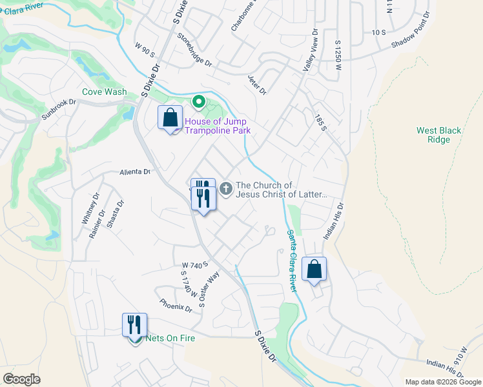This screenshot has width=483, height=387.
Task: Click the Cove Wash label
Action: click(104, 92)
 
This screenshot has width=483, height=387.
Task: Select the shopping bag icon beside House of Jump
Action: click(170, 118)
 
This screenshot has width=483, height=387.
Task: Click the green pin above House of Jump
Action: click(199, 102)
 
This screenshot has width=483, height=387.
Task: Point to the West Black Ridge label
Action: click(438, 135)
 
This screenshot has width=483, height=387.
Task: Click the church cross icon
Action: click(225, 189)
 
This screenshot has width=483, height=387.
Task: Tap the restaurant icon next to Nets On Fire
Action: click(135, 324)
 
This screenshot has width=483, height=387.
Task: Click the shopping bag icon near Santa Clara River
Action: click(314, 270)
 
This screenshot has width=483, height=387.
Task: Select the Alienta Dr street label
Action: click(134, 172)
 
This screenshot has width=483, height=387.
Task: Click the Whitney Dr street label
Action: click(88, 208)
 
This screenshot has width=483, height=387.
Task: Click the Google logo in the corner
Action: click(21, 379)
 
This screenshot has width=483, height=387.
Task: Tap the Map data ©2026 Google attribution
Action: click(443, 382)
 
